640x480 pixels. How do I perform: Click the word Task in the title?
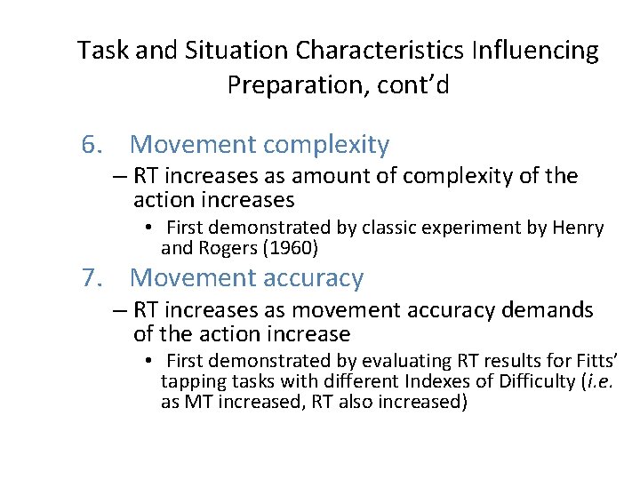(100, 51)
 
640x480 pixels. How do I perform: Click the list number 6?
(92, 144)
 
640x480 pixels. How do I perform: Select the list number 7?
(92, 278)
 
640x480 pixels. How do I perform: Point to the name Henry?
(578, 228)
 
